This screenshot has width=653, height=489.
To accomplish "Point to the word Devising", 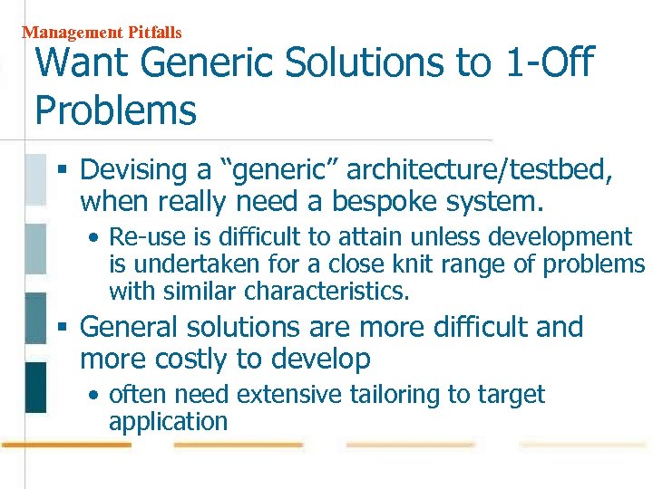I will click(x=132, y=170).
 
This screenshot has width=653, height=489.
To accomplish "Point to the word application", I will click(x=168, y=422).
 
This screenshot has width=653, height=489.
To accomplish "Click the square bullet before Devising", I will click(x=62, y=170).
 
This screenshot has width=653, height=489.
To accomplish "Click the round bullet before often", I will click(x=94, y=396).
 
